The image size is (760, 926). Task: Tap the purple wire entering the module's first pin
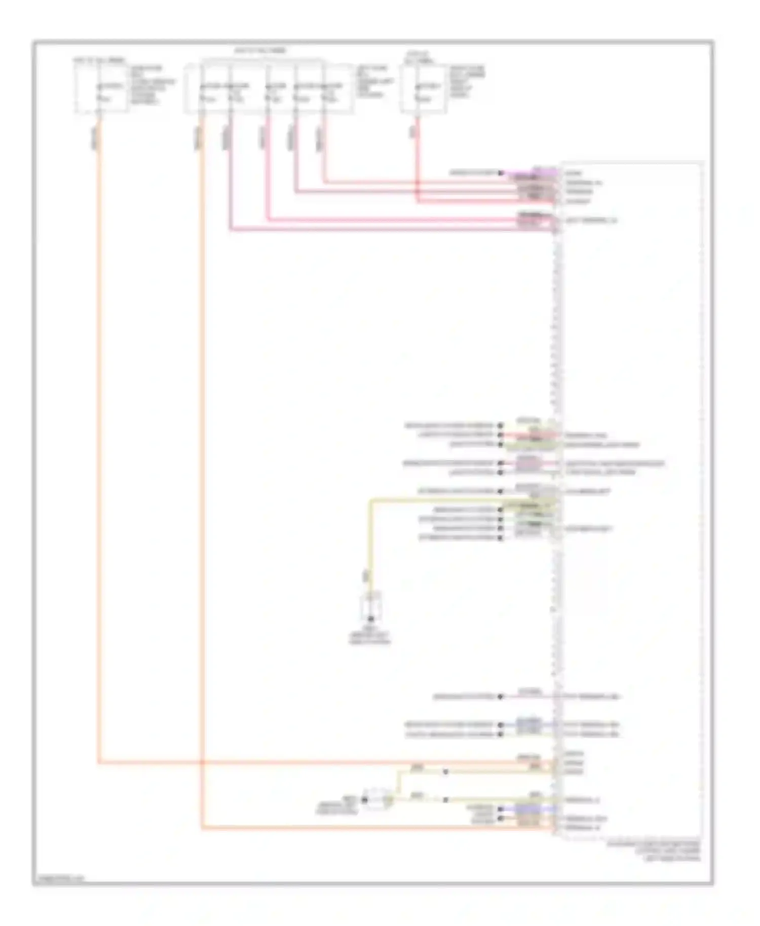pos(532,173)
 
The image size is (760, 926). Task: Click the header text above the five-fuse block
pos(260,51)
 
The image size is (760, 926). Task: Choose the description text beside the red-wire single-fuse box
pos(467,81)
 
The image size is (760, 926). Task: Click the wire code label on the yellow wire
pos(365,575)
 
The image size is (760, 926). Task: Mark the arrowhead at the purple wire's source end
pos(501,173)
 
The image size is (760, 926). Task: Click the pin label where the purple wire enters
pos(573,173)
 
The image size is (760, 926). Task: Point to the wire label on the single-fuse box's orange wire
pos(95,138)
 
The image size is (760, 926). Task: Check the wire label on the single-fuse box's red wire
pos(413,131)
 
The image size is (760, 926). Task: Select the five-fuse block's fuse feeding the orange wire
pos(208,93)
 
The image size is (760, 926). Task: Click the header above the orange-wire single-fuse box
pos(100,60)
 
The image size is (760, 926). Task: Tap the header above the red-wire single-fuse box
pos(419,57)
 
